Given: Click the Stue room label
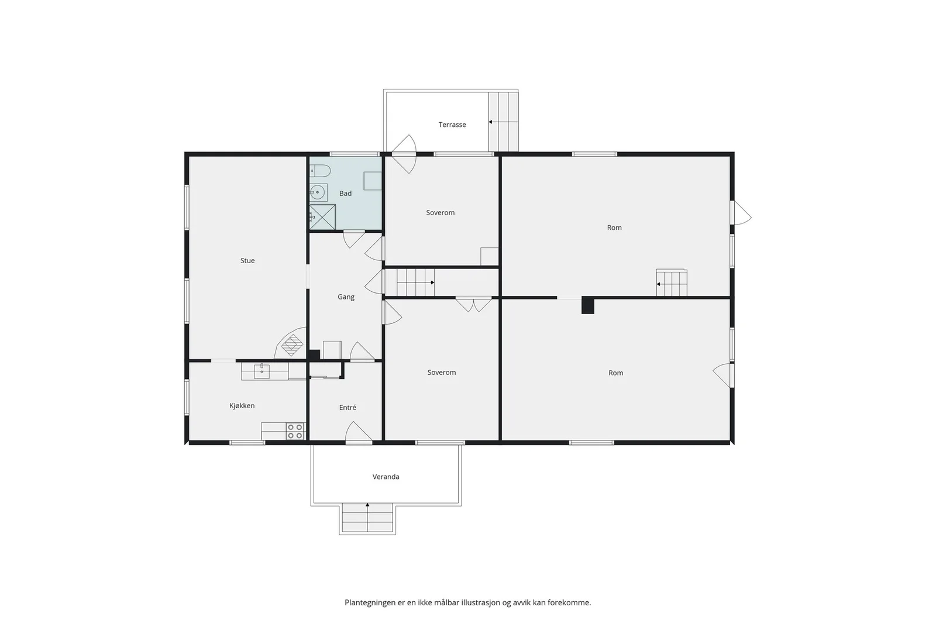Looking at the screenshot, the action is pyautogui.click(x=247, y=261).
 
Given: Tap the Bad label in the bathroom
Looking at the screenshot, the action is pyautogui.click(x=345, y=194).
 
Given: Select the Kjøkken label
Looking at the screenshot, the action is pyautogui.click(x=242, y=405).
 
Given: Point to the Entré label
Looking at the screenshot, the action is pyautogui.click(x=347, y=407).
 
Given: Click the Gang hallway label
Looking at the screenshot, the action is pyautogui.click(x=346, y=297).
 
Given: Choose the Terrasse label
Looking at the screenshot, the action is pyautogui.click(x=452, y=125).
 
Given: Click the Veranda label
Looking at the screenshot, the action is pyautogui.click(x=386, y=477).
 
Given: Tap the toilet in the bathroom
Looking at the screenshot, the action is pyautogui.click(x=320, y=171).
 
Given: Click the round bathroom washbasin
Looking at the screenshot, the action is pyautogui.click(x=318, y=192).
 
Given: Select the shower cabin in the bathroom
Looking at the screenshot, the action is pyautogui.click(x=322, y=217).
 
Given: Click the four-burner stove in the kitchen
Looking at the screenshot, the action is pyautogui.click(x=295, y=432).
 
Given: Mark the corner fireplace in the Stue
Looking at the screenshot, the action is pyautogui.click(x=291, y=343).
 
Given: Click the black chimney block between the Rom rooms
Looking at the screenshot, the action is pyautogui.click(x=588, y=305).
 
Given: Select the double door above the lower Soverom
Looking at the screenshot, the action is pyautogui.click(x=473, y=305).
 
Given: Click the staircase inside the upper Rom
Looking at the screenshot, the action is pyautogui.click(x=672, y=283).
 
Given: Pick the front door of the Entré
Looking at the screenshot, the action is pyautogui.click(x=359, y=432).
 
